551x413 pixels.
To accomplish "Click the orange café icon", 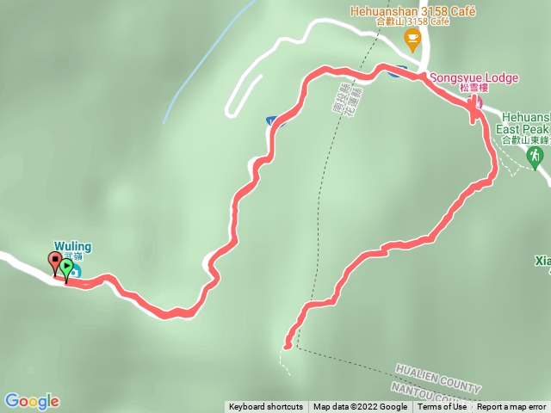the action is (412, 37).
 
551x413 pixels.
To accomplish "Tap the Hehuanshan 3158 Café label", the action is (402, 11).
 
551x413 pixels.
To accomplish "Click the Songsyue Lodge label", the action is (480, 78).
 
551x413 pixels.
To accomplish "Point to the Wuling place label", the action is (73, 248).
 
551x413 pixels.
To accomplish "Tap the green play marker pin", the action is (66, 266).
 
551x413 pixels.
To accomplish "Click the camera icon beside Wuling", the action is (75, 272).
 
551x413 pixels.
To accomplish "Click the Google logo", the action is (32, 401).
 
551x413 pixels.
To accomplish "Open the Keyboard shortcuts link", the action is (266, 407).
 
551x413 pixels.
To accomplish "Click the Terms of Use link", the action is (443, 407).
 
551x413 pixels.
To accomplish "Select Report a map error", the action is (511, 407).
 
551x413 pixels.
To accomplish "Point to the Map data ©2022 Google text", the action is (360, 407).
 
